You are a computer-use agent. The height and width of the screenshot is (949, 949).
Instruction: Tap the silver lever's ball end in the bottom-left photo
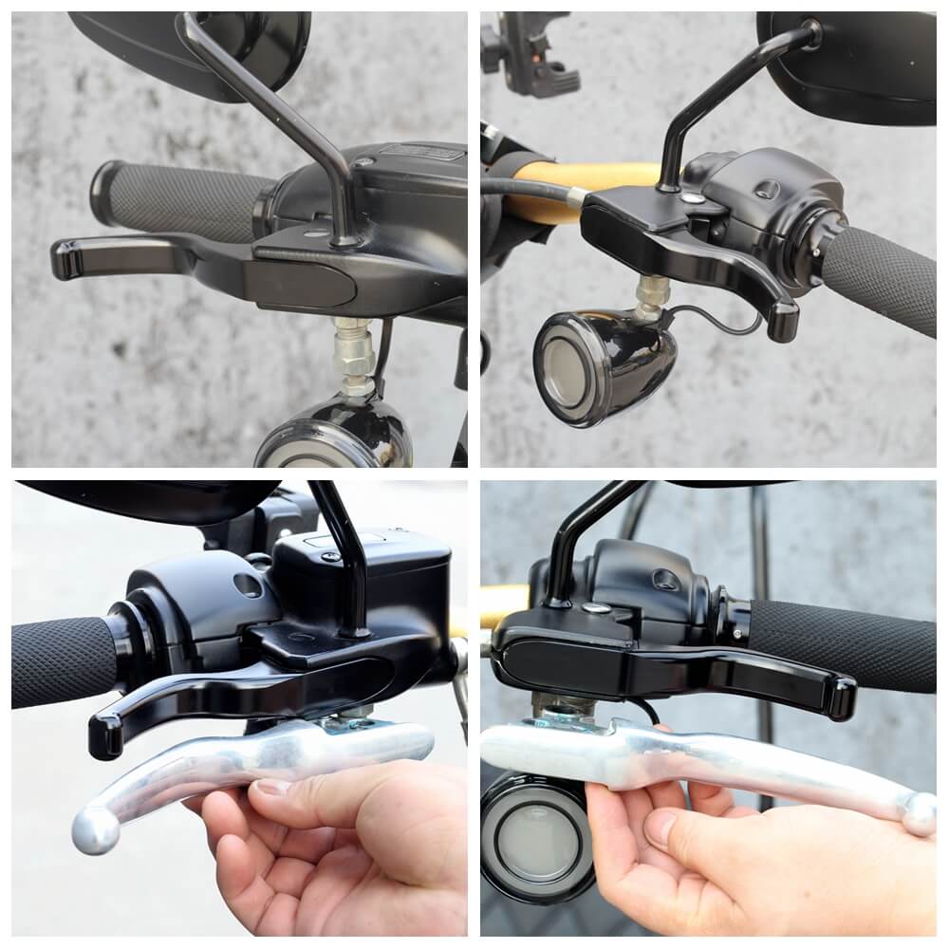(96, 829)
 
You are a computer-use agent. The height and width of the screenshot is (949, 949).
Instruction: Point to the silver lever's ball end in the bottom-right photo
(918, 813)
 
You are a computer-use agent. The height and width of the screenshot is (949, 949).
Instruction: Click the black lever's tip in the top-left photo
(66, 258)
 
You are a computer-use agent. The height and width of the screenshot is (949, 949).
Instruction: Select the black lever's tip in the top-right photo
(784, 320)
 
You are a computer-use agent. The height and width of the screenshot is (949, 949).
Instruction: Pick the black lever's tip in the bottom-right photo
(840, 698)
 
